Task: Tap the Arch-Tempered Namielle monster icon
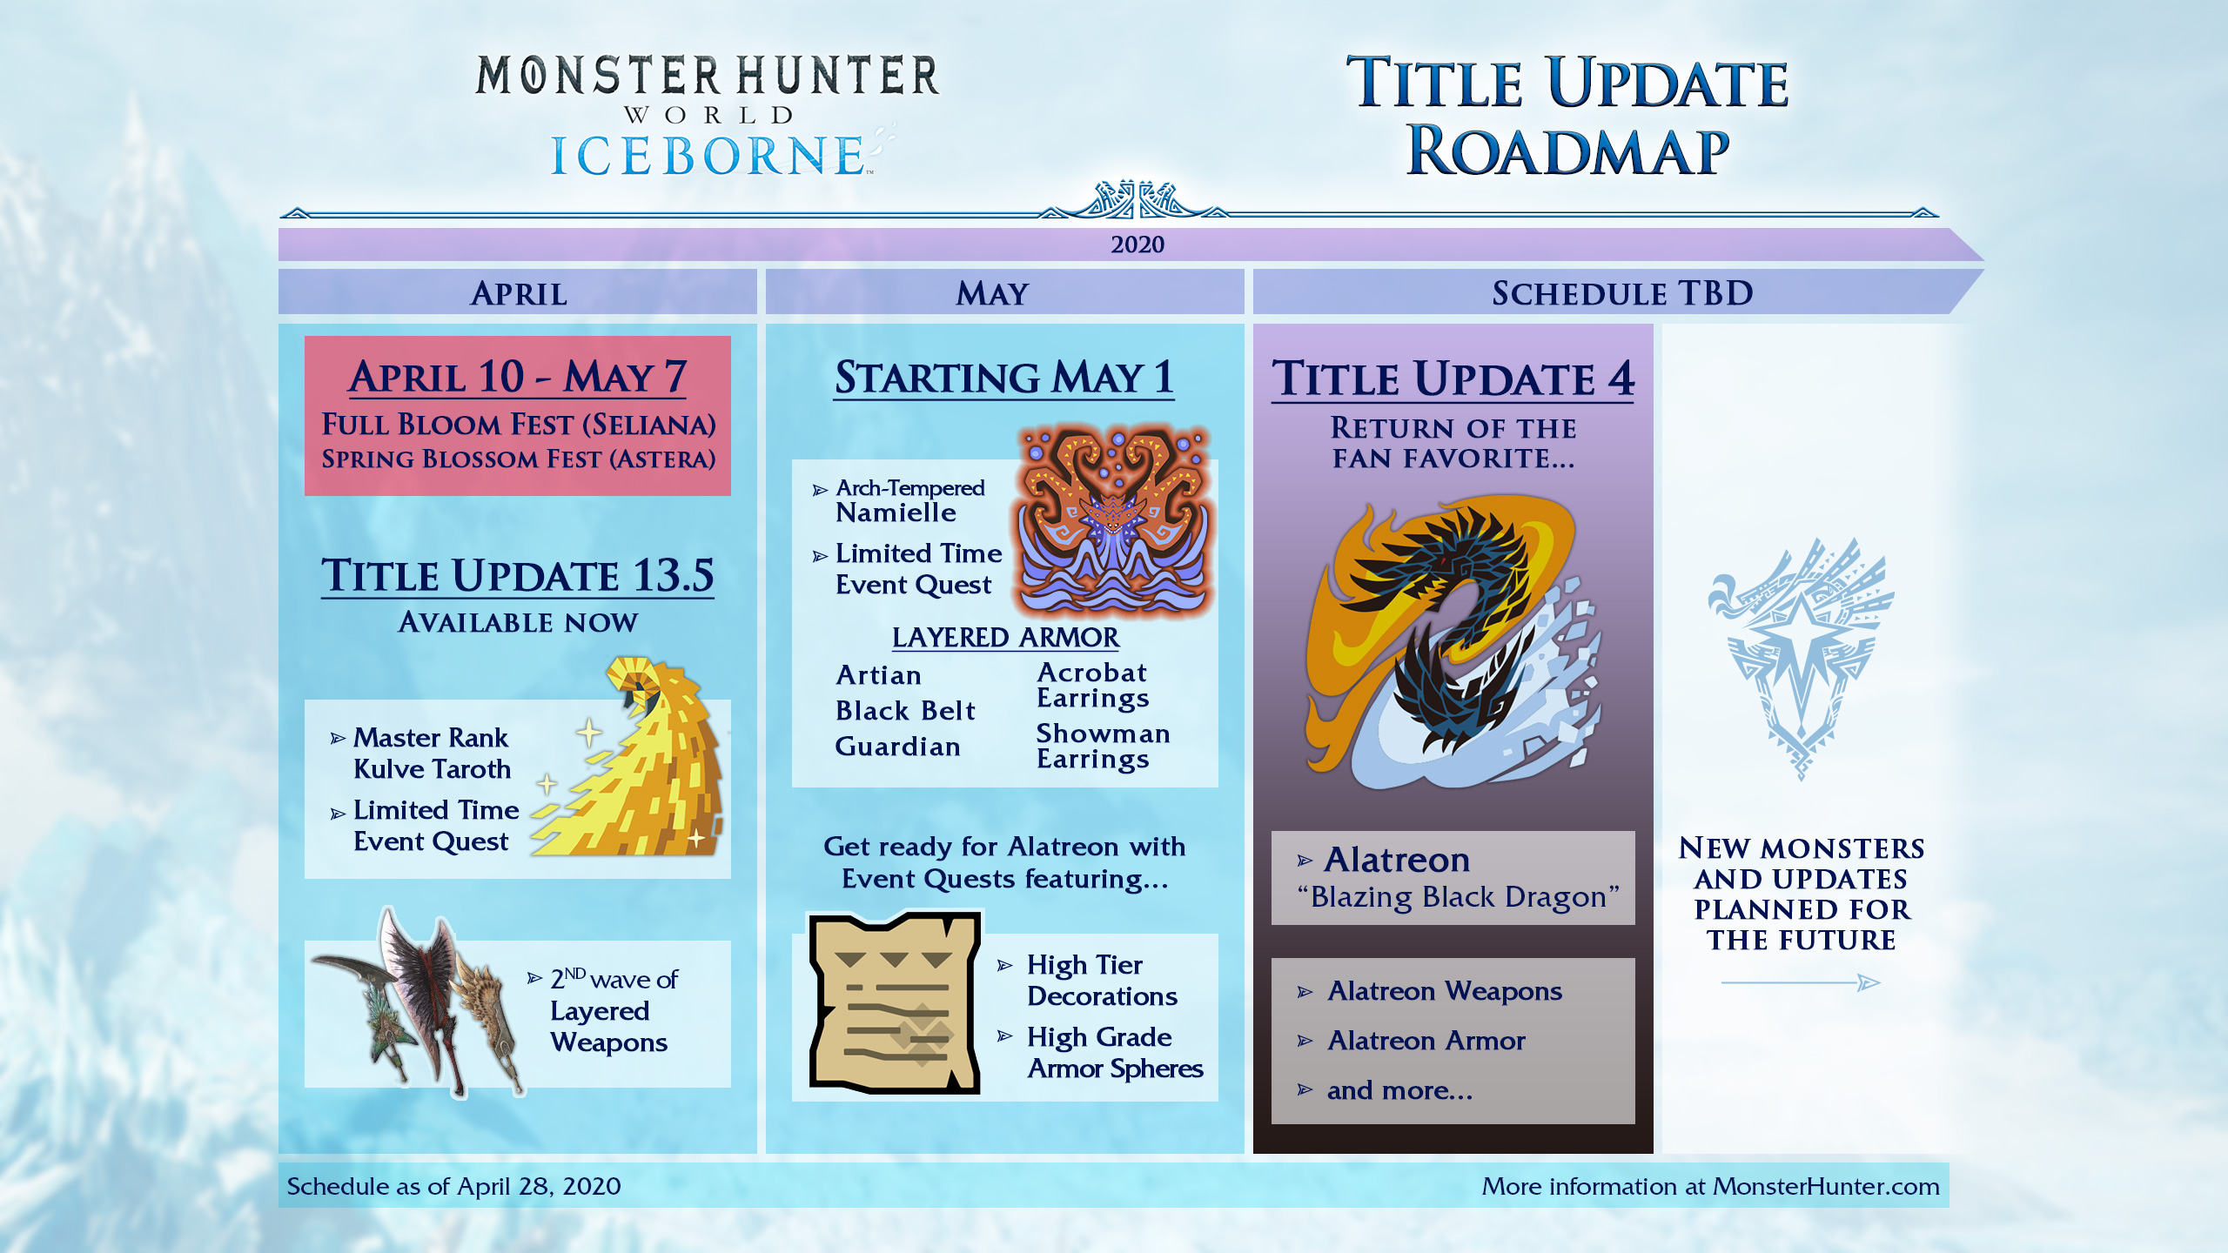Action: tap(1114, 522)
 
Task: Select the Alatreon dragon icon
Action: tap(1453, 644)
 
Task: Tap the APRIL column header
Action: tap(519, 294)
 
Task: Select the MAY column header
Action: tap(992, 294)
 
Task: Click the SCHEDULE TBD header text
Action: tap(1622, 294)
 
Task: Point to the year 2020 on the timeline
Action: tap(1137, 245)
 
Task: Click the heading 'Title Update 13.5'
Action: tap(518, 576)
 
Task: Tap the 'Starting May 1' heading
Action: tap(1003, 378)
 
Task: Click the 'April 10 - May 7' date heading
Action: tap(518, 378)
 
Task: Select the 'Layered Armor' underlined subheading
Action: tap(1005, 638)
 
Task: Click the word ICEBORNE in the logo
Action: tap(707, 157)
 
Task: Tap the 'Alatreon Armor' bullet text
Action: tap(1426, 1041)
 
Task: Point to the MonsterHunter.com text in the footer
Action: tap(1826, 1187)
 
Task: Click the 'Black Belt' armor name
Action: tap(905, 711)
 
